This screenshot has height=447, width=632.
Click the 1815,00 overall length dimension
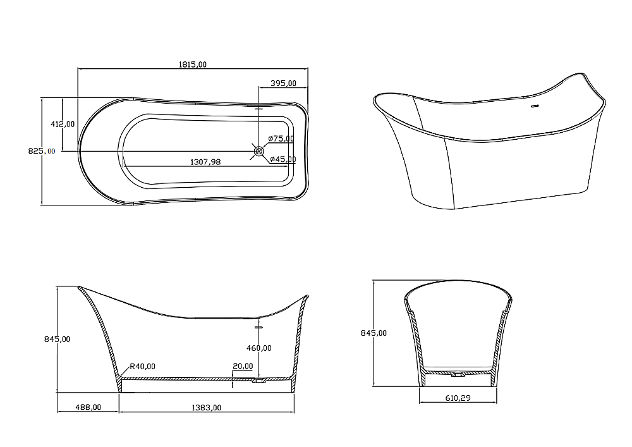point(192,64)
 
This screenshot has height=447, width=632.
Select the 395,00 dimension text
point(283,83)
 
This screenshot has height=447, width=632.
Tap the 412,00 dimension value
point(63,124)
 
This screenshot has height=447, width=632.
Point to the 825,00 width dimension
point(42,151)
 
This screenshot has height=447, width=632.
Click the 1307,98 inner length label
point(205,162)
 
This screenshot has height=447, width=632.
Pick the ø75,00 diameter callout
point(281,138)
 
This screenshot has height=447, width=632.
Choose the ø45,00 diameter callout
point(283,159)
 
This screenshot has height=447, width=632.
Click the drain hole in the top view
point(258,151)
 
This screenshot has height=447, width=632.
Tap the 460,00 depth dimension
point(258,348)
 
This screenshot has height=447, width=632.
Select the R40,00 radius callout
point(142,366)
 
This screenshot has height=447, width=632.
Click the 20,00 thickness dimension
point(243,366)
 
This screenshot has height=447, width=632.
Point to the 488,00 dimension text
point(88,408)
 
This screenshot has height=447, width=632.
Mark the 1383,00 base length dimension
point(207,408)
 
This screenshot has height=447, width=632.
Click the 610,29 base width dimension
point(458,398)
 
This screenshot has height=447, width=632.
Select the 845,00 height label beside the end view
point(374,333)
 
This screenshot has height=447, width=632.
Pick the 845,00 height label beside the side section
point(58,340)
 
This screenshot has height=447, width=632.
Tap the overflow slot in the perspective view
point(535,106)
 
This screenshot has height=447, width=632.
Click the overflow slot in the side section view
point(258,327)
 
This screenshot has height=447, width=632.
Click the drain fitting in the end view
point(458,374)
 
